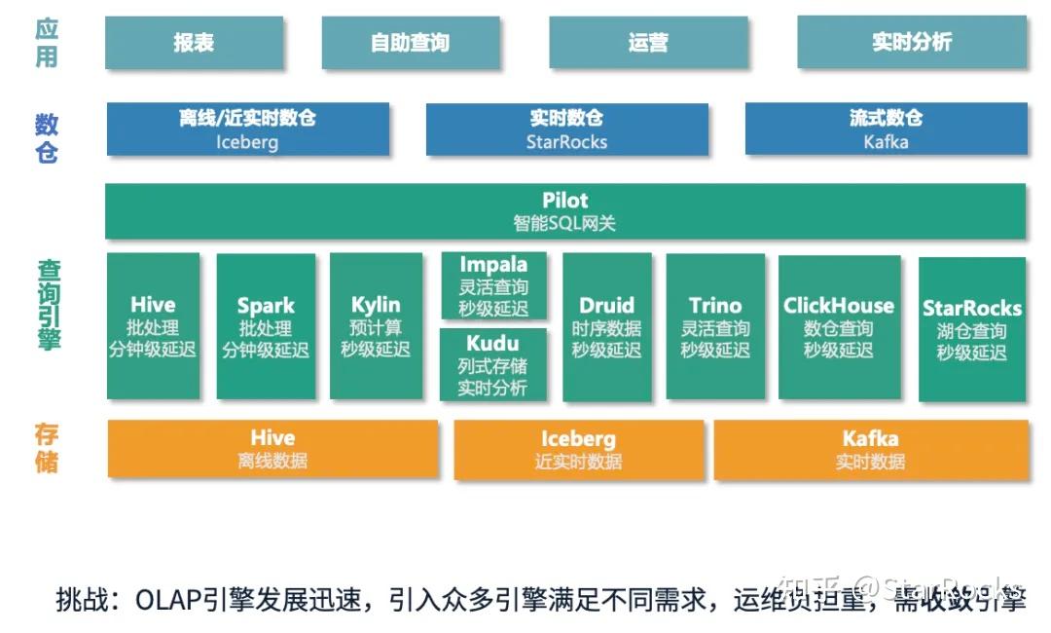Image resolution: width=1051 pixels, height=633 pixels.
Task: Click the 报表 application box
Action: point(194,43)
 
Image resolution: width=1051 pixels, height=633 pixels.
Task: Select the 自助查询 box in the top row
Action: point(410,43)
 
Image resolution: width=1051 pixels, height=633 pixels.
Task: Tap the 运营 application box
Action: point(648,43)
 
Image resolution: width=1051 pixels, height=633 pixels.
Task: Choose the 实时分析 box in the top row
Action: point(911,43)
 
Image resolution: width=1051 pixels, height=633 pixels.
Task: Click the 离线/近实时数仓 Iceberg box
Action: point(247,130)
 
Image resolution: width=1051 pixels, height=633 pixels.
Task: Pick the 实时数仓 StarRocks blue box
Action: point(566,130)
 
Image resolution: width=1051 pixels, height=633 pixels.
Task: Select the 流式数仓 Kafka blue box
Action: point(886,130)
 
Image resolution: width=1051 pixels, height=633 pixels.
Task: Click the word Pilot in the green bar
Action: point(565,201)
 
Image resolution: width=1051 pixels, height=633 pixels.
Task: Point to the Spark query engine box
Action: point(266,326)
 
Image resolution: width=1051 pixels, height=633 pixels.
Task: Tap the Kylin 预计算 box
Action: point(376,326)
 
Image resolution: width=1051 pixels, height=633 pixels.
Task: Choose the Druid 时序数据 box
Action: point(606,326)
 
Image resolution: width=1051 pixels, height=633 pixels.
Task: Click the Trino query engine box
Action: point(715,326)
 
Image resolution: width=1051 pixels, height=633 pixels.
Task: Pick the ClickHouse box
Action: point(838,326)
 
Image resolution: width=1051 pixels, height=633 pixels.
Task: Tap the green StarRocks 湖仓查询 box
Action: point(971,329)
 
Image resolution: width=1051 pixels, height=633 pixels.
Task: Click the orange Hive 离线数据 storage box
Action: point(272,449)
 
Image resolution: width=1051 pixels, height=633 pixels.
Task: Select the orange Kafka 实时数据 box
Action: point(871,449)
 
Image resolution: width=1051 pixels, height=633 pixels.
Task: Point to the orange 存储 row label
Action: point(47,447)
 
